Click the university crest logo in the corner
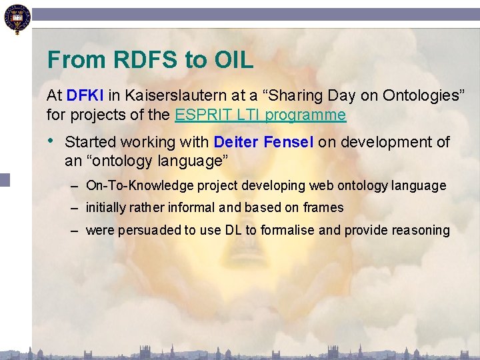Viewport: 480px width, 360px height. (x=15, y=19)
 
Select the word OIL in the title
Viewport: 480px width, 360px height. (x=233, y=60)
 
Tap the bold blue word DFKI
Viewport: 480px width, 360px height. (x=85, y=95)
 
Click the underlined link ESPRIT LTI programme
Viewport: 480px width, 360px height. (x=260, y=115)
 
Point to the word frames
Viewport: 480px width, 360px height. (x=323, y=207)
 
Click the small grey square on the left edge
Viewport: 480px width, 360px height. (x=5, y=179)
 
